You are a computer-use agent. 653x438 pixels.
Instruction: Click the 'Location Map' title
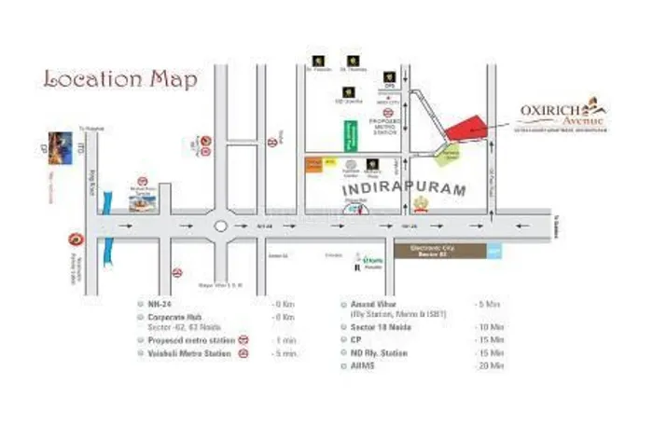pyautogui.click(x=120, y=79)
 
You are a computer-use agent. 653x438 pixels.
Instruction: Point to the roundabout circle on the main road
pyautogui.click(x=221, y=225)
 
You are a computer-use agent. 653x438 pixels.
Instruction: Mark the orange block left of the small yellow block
pyautogui.click(x=313, y=164)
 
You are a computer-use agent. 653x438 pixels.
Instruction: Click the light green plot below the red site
pyautogui.click(x=451, y=155)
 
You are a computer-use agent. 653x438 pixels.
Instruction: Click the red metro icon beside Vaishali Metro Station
pyautogui.click(x=243, y=354)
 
